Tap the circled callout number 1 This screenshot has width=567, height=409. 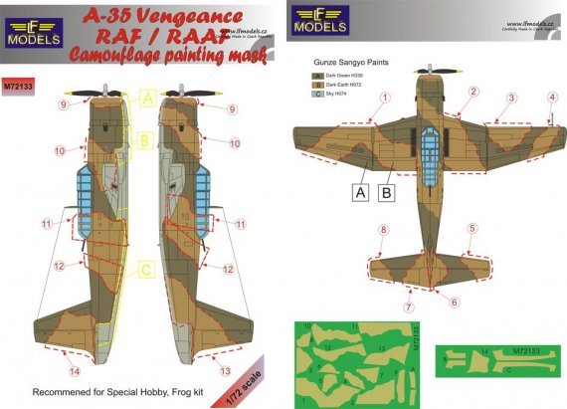click(x=385, y=98)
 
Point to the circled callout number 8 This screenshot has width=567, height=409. click(x=383, y=231)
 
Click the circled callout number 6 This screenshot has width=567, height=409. click(x=455, y=303)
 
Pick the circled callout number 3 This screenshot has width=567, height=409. click(x=510, y=98)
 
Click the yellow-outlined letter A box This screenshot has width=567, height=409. click(x=145, y=98)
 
